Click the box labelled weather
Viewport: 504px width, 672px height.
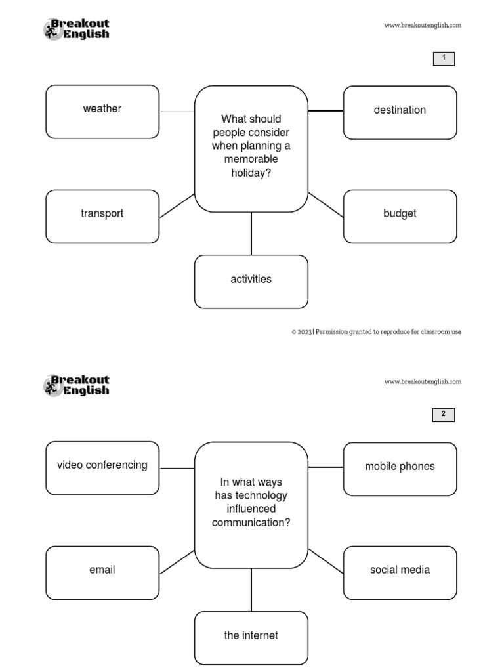102,112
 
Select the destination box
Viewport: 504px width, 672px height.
400,113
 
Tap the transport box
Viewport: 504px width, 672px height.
102,217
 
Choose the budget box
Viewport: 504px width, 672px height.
400,217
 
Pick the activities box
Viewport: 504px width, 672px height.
251,282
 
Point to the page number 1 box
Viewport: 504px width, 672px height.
444,58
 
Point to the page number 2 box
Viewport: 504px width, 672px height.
444,415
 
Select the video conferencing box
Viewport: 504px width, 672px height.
102,468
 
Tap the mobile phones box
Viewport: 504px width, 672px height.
400,469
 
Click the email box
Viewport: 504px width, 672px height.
102,573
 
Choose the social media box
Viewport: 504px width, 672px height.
400,573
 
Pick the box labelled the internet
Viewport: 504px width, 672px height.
251,638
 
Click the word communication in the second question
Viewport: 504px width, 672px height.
251,522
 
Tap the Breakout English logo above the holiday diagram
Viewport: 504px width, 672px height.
77,29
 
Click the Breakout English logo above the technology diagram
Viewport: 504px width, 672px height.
77,385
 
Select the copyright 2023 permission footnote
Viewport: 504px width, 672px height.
376,332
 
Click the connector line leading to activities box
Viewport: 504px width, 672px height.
251,234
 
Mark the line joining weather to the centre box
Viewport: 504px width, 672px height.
177,112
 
